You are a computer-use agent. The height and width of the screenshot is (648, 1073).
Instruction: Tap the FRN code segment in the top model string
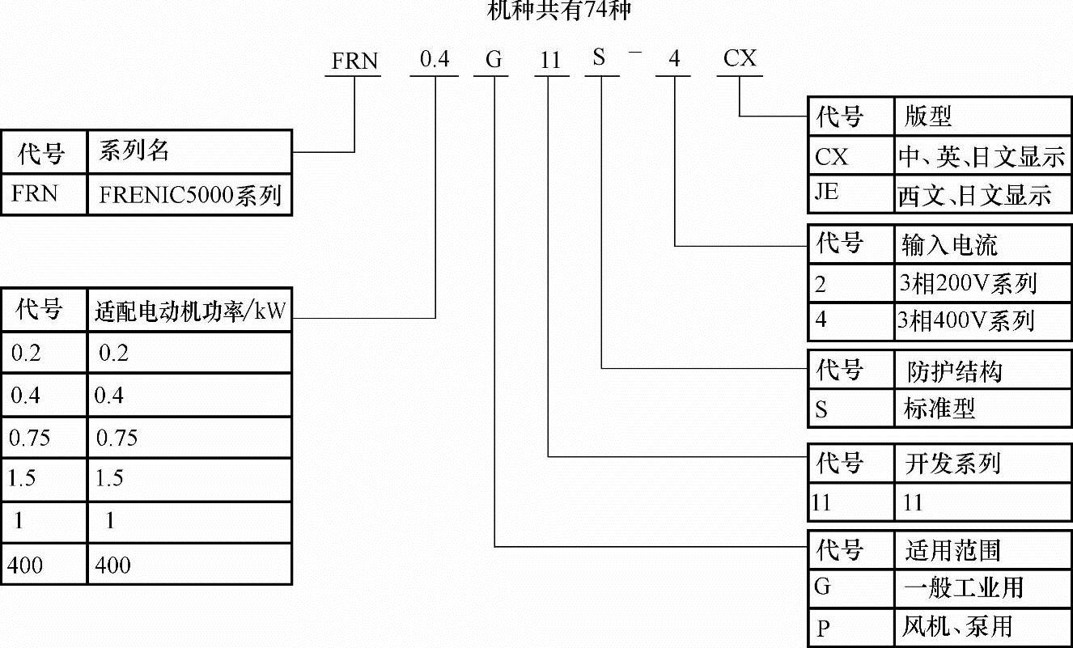354,61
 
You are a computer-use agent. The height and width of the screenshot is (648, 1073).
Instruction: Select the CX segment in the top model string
740,59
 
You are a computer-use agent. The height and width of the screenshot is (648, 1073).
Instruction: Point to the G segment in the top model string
493,61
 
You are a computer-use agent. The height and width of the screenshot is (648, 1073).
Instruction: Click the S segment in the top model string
599,59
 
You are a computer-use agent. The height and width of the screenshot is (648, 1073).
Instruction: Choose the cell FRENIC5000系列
190,195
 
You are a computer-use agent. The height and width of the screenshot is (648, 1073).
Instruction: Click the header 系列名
134,150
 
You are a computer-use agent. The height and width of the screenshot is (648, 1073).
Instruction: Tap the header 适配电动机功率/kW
190,311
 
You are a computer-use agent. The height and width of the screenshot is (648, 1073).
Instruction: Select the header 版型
928,118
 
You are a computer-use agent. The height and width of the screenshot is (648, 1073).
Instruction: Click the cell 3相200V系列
968,283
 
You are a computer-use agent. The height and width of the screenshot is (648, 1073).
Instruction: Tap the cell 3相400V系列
965,321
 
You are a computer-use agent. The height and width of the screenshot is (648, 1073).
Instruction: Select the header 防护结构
953,371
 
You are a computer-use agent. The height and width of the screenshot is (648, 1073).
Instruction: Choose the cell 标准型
939,409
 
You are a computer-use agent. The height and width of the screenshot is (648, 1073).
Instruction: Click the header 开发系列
952,464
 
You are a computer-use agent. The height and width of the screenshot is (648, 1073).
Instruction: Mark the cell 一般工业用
963,587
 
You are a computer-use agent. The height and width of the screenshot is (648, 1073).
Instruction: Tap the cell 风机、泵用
956,626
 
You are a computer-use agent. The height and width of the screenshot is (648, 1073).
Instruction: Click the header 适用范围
952,551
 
